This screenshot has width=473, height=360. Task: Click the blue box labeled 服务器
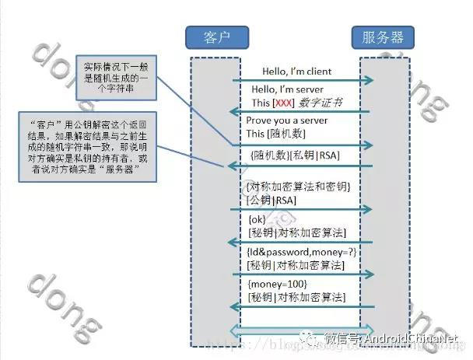[384, 37]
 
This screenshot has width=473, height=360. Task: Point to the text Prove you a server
[287, 121]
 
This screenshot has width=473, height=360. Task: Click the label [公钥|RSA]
[272, 200]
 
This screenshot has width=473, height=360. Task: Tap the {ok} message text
[257, 220]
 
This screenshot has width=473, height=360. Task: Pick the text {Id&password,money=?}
[300, 252]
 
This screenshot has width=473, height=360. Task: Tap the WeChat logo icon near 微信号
[311, 338]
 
